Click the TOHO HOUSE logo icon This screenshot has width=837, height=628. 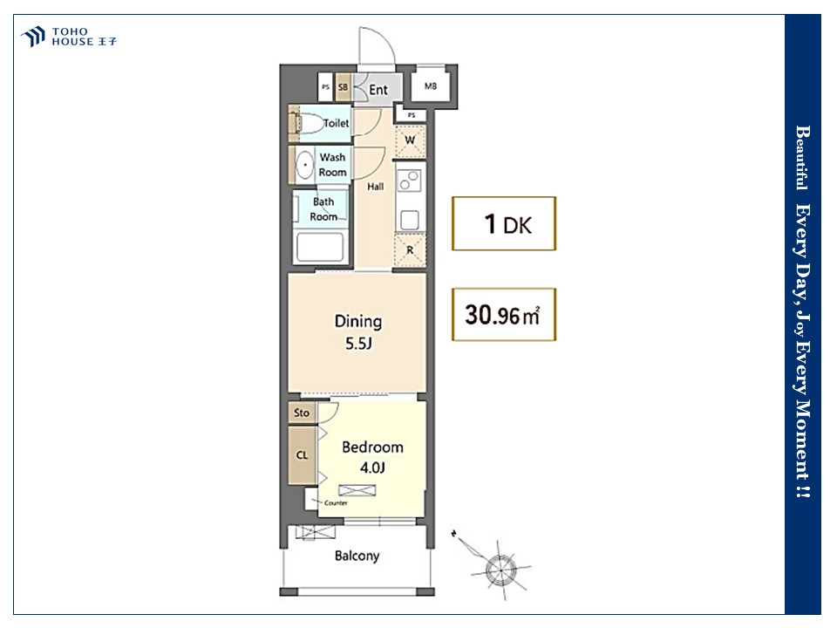click(32, 37)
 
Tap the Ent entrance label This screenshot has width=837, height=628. click(378, 90)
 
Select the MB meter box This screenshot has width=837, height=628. click(430, 85)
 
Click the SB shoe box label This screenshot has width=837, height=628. click(343, 86)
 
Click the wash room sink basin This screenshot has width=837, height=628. click(305, 165)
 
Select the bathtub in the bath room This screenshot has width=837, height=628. click(320, 247)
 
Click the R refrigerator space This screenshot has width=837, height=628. click(410, 250)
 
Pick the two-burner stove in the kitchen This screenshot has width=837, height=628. click(410, 180)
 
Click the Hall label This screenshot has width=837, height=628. click(375, 187)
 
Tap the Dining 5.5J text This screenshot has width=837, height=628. click(358, 332)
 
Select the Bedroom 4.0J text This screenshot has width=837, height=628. click(372, 457)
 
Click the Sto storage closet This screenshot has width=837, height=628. click(302, 413)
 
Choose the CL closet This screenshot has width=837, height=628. click(303, 455)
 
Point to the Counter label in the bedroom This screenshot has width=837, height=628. click(336, 503)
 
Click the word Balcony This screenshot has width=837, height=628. click(357, 556)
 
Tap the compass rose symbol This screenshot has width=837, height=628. click(500, 570)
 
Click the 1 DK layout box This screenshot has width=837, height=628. click(504, 224)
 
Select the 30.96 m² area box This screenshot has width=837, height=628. click(504, 315)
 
